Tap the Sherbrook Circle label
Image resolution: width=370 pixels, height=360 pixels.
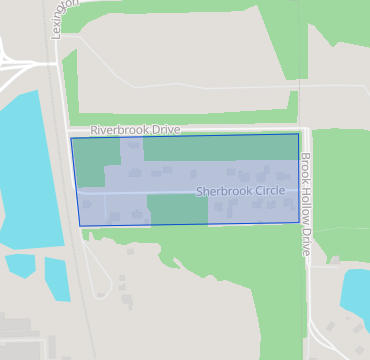pos(240,190)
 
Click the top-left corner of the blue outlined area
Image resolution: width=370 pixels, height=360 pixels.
pos(71,139)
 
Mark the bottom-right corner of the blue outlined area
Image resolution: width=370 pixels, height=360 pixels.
pos(298,221)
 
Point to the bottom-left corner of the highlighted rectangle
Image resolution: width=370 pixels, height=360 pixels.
pos(81,226)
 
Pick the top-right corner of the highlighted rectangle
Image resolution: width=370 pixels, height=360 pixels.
pos(298,134)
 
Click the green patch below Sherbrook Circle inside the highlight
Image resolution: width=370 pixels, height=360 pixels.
pos(177,209)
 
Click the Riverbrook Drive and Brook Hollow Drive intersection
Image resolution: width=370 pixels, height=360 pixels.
pos(305,129)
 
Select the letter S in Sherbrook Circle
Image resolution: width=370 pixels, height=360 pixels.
pos(199,190)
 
